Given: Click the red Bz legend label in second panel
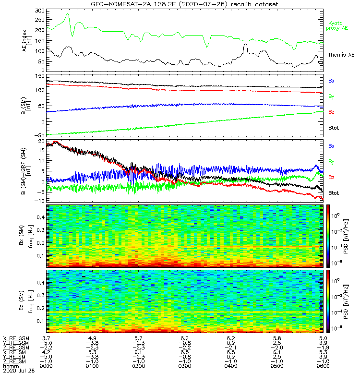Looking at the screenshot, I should (331, 112).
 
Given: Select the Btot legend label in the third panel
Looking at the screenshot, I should (333, 193).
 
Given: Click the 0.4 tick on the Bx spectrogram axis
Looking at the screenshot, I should (40, 217).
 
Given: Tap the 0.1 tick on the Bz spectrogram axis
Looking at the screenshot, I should (40, 321).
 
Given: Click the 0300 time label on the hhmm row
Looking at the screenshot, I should (184, 366).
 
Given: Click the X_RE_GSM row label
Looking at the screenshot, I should (16, 339).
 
